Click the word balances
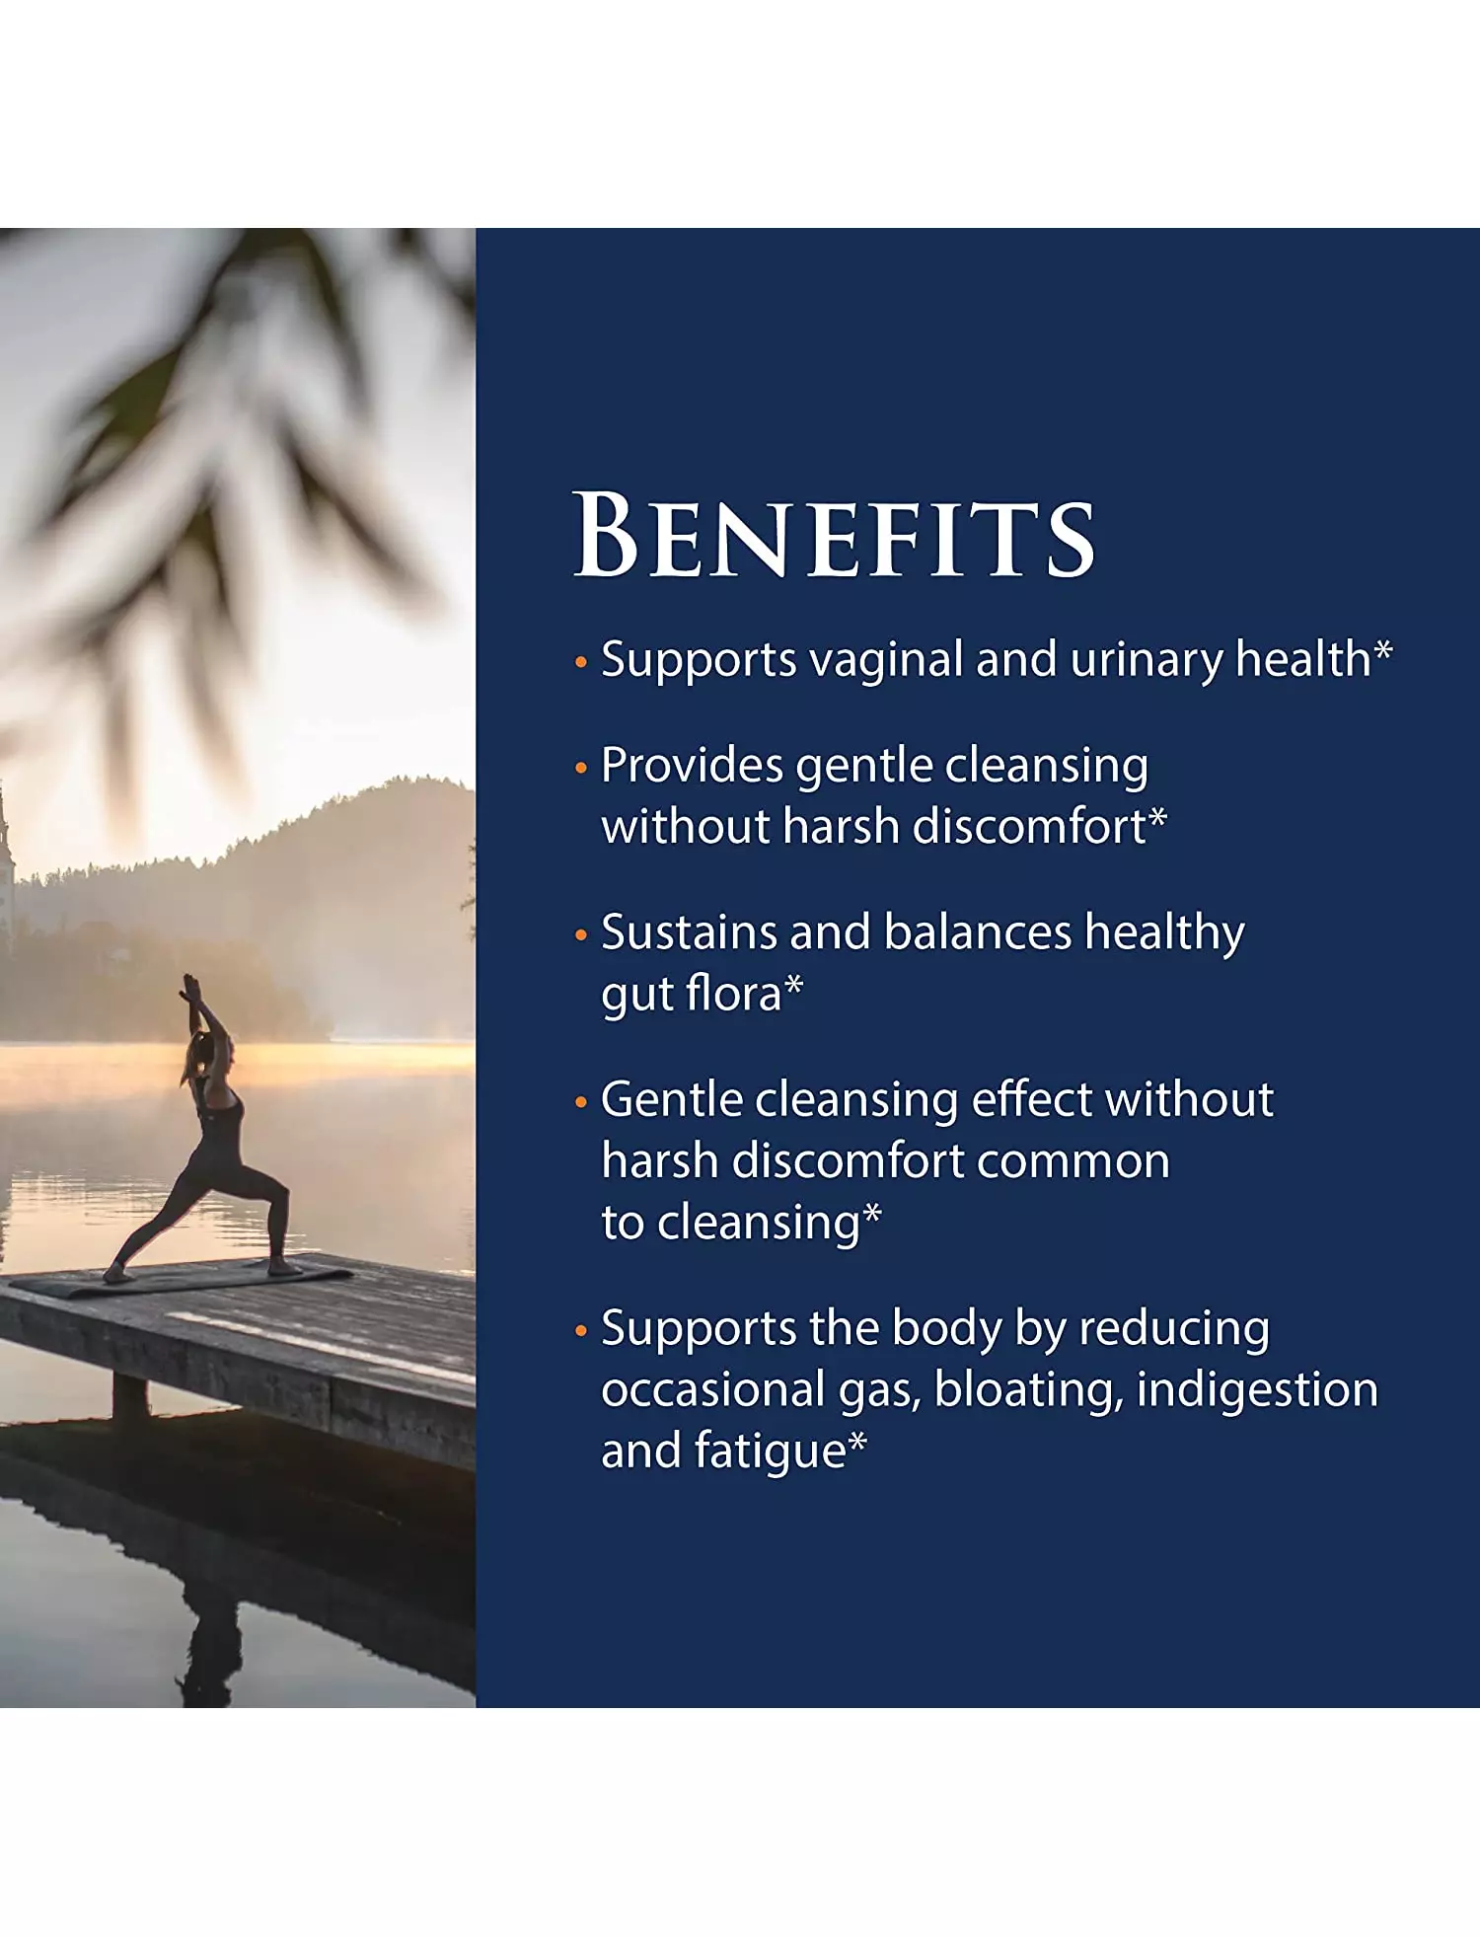pyautogui.click(x=978, y=932)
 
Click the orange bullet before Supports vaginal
pyautogui.click(x=581, y=663)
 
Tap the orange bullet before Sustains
pyautogui.click(x=581, y=935)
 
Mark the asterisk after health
pyautogui.click(x=1383, y=650)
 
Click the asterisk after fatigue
pyautogui.click(x=857, y=1442)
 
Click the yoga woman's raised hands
pyautogui.click(x=188, y=987)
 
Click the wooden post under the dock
pyautogui.click(x=130, y=1397)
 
